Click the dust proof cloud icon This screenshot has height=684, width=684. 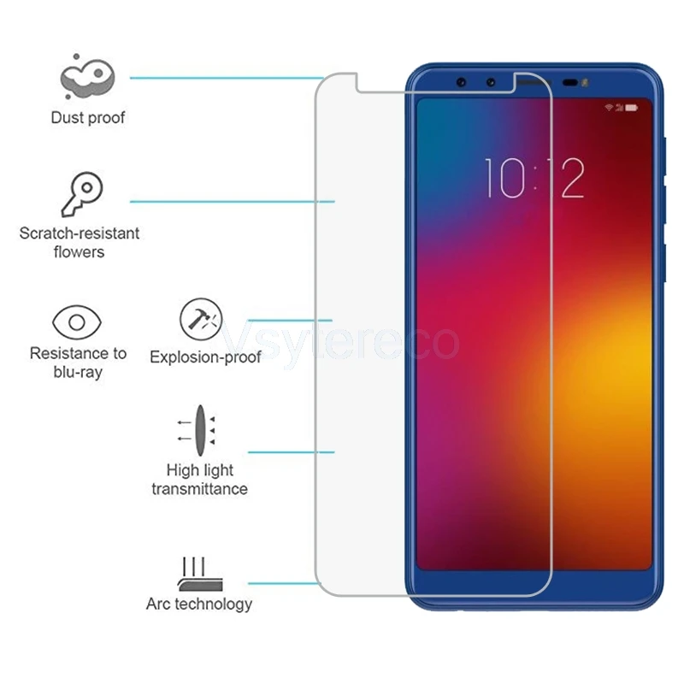click(x=86, y=78)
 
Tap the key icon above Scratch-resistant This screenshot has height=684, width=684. click(x=82, y=194)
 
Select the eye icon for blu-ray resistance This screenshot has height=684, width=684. click(x=78, y=322)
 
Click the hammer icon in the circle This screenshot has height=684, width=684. click(x=200, y=321)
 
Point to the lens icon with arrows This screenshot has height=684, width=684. click(x=198, y=429)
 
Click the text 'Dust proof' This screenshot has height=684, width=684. click(x=88, y=118)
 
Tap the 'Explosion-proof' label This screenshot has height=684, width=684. click(x=205, y=357)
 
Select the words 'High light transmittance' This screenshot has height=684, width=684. click(x=200, y=480)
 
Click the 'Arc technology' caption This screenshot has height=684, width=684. click(x=199, y=604)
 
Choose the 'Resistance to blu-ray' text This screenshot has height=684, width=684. click(x=78, y=363)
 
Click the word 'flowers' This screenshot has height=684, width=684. click(x=79, y=252)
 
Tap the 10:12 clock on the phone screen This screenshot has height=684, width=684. click(x=535, y=179)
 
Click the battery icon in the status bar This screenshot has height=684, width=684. click(x=633, y=109)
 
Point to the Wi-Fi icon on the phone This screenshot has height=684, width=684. click(x=609, y=109)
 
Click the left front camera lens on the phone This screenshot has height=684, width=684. click(x=462, y=83)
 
